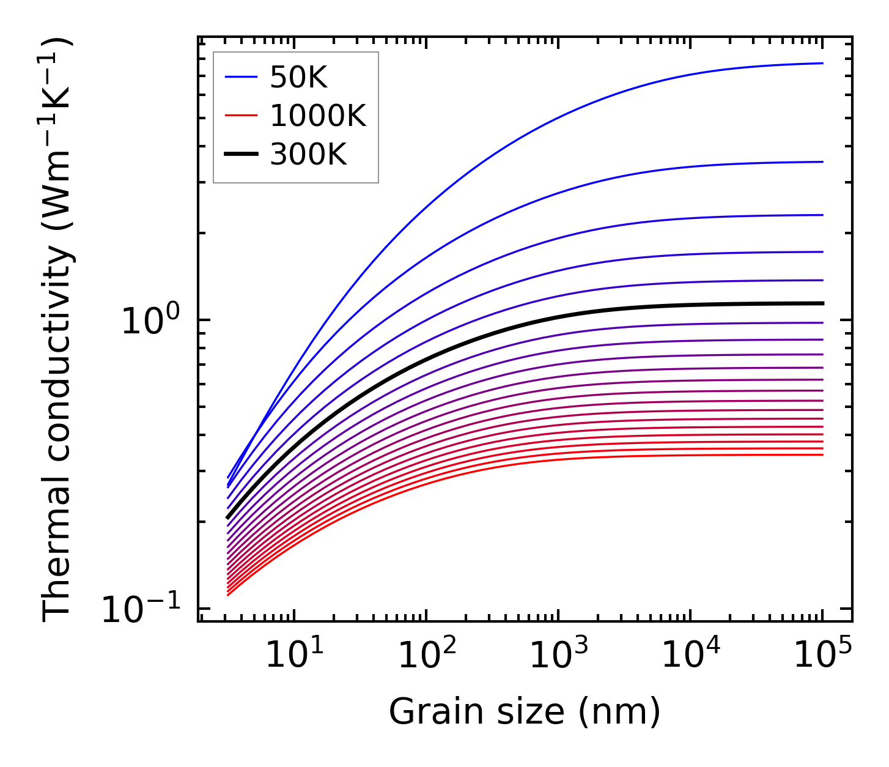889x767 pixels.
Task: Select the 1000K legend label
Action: coord(318,116)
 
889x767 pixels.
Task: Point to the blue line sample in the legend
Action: coord(241,77)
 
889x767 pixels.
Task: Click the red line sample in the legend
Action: coord(241,116)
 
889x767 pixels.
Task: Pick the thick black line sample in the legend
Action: coord(241,154)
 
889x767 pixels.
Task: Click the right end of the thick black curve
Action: coord(822,303)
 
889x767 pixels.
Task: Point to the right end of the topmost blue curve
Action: coord(822,63)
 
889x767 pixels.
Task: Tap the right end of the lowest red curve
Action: coord(822,454)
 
